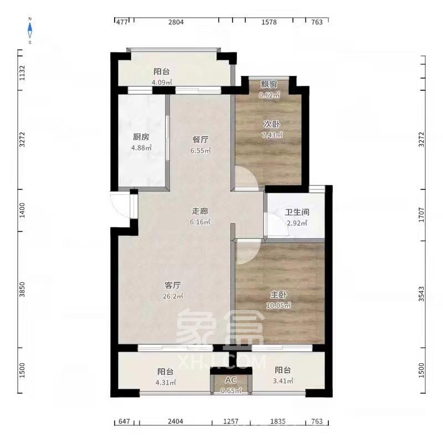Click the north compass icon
click(30, 30)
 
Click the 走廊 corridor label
click(200, 211)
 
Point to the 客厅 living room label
click(173, 285)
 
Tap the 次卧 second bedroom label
click(271, 125)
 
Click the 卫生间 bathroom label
click(297, 213)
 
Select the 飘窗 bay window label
click(269, 84)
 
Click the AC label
click(231, 380)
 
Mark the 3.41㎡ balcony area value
click(283, 381)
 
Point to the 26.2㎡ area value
click(173, 296)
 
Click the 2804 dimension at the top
click(176, 22)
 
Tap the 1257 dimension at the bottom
click(231, 422)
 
